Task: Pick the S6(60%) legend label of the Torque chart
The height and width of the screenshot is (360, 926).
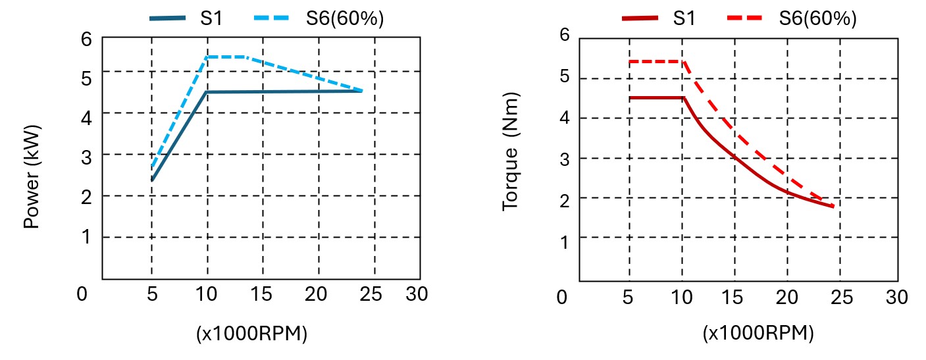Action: (x=817, y=18)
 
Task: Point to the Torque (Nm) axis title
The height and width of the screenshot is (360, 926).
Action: (x=511, y=151)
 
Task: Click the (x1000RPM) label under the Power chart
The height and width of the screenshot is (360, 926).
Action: (x=251, y=334)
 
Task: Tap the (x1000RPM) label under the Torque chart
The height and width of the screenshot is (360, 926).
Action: (x=758, y=333)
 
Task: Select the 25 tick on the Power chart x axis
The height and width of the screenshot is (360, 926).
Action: (x=372, y=295)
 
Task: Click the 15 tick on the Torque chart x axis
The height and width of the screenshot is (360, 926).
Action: (x=734, y=297)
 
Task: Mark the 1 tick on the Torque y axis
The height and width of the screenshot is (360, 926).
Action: (x=564, y=238)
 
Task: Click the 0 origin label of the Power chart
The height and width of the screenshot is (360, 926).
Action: (x=82, y=295)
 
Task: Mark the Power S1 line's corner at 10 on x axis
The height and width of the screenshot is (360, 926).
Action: (x=207, y=92)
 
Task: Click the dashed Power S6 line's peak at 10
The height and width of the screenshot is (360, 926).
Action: (x=207, y=57)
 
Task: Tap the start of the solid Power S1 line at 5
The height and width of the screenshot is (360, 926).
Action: (x=152, y=180)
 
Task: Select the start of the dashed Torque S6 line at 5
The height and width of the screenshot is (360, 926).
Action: (x=630, y=62)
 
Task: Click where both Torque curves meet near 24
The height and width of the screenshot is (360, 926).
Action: (x=833, y=207)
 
